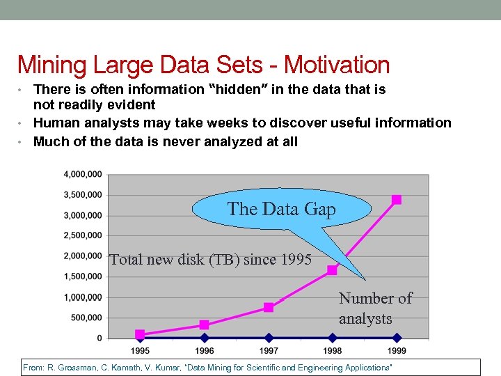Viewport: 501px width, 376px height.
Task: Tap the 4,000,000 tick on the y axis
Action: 82,174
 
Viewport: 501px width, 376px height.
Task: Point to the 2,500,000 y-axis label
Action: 82,235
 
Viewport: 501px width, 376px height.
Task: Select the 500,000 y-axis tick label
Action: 86,318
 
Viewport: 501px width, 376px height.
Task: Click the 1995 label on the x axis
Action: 140,350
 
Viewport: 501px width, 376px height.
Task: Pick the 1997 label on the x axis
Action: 269,350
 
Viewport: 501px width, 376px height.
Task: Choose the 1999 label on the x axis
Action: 397,350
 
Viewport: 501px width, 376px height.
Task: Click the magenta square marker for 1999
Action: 397,200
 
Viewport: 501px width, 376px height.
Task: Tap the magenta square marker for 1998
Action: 333,269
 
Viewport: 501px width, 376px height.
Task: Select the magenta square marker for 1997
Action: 269,307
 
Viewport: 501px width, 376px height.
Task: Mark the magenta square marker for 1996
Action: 204,324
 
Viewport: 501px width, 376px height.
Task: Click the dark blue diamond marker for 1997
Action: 269,338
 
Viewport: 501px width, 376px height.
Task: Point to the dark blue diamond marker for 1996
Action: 204,338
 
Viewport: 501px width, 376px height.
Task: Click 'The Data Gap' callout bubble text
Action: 281,209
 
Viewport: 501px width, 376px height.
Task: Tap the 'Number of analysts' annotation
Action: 375,308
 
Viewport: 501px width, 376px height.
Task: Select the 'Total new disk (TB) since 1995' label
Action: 211,260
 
